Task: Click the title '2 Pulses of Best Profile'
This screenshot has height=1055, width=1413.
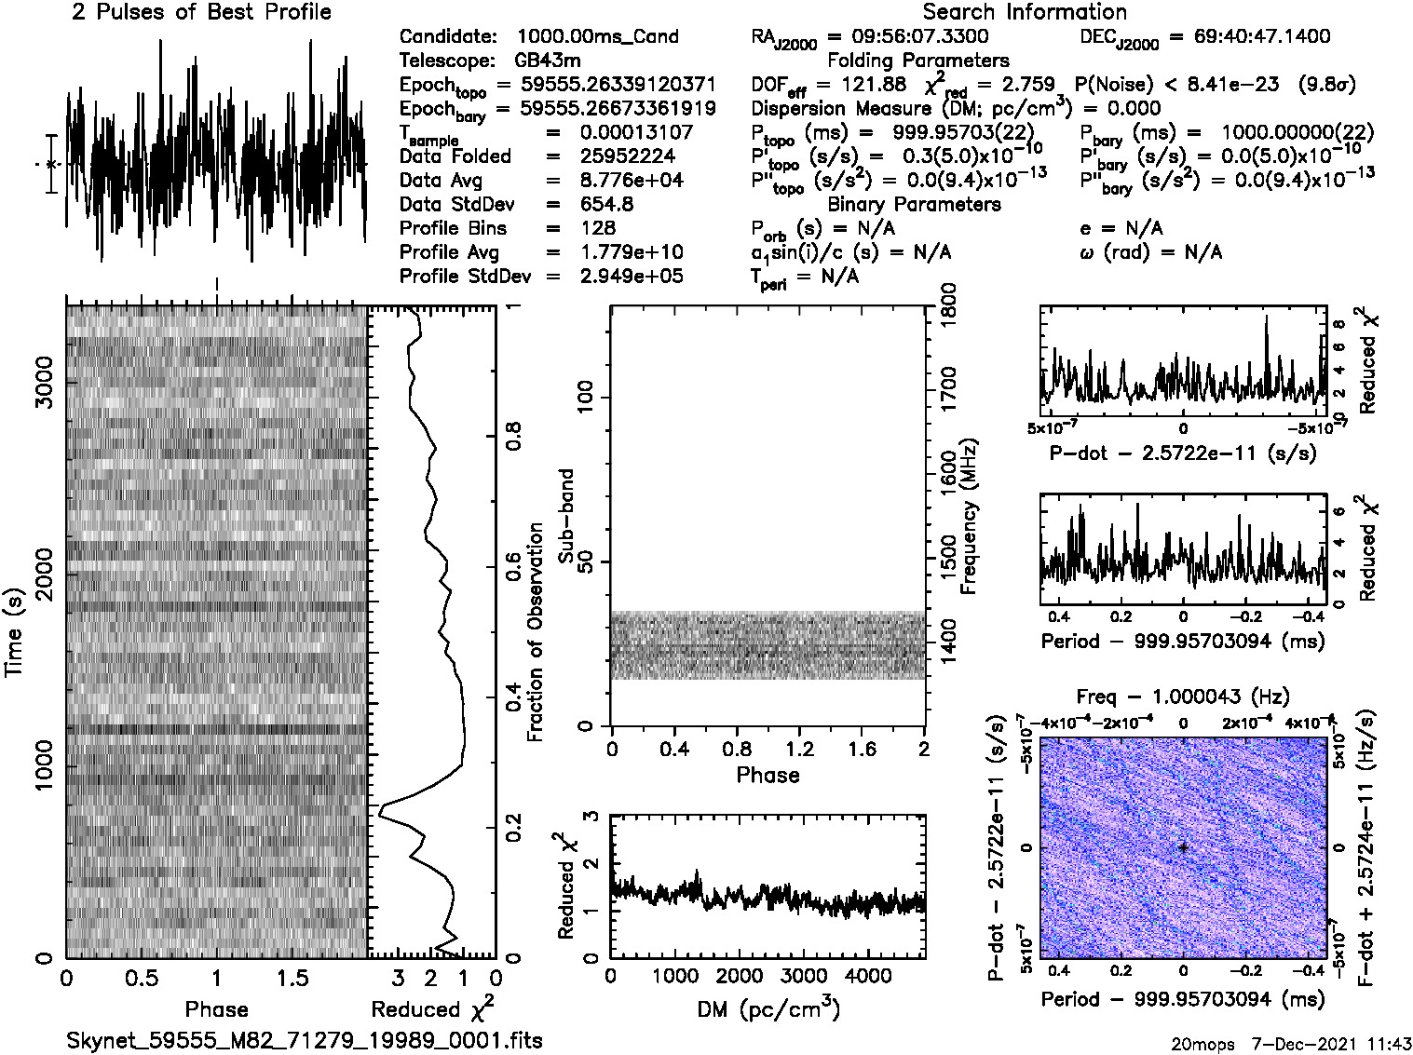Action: [x=201, y=12]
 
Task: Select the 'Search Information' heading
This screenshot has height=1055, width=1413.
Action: [x=1025, y=12]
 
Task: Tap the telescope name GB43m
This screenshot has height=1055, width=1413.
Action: [x=548, y=61]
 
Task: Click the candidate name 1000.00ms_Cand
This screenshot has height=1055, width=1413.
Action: [x=597, y=36]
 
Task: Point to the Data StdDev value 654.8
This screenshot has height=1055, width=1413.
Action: [x=605, y=204]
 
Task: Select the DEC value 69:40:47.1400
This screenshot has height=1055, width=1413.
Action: [x=1249, y=36]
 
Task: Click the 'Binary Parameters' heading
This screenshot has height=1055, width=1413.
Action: [x=914, y=204]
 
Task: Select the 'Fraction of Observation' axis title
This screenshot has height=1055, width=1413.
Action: [x=535, y=632]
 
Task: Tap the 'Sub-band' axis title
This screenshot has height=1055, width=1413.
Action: [x=565, y=516]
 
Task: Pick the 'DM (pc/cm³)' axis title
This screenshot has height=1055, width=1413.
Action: [x=768, y=1009]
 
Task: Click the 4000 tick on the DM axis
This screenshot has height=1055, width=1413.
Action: [x=868, y=976]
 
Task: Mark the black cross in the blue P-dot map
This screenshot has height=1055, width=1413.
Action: [x=1183, y=847]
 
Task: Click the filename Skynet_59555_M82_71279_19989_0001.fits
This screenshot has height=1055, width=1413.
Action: [x=305, y=1040]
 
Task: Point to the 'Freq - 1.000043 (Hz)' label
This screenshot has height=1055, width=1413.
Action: [x=1183, y=697]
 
